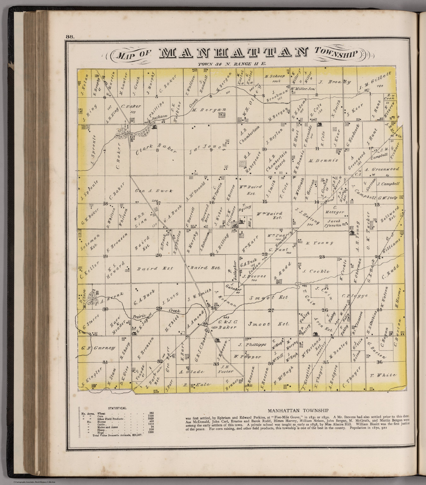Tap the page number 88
[x=70, y=36]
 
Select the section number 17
[x=158, y=203]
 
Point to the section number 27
[x=270, y=311]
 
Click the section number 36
[x=379, y=362]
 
